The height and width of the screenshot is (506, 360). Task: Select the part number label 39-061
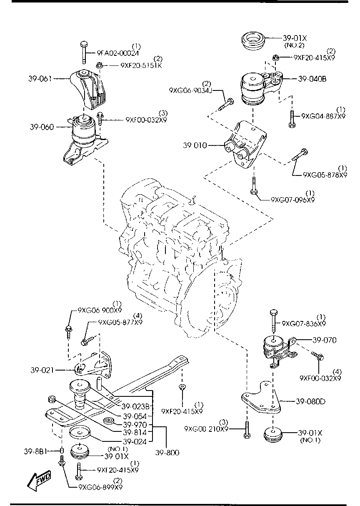[40, 78]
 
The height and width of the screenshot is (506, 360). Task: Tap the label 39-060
[41, 127]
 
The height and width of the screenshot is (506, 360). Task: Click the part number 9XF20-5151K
[141, 65]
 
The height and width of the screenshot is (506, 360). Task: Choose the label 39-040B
[312, 78]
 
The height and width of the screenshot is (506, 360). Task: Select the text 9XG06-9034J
[191, 90]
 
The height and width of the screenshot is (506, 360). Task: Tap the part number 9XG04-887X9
[323, 116]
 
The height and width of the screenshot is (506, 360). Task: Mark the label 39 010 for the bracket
[195, 145]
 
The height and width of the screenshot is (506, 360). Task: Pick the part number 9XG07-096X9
[292, 200]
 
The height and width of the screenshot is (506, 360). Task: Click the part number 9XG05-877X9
[120, 322]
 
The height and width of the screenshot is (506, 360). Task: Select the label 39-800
[167, 453]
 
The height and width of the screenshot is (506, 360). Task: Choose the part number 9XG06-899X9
[100, 487]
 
